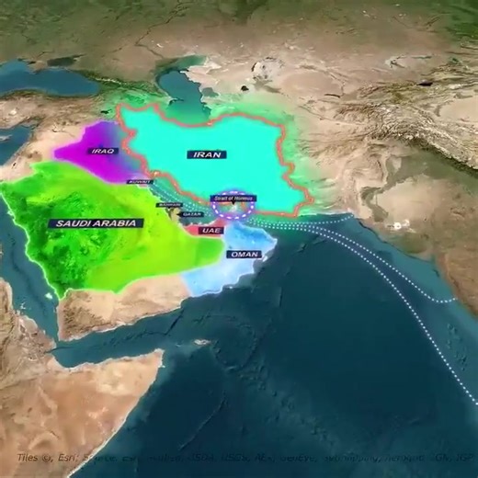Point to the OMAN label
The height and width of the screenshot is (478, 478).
pos(244,254)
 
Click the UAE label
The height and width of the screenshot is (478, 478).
pos(211,230)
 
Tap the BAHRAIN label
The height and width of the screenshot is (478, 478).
pos(168,204)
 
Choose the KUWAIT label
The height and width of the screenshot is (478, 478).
pos(138,182)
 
